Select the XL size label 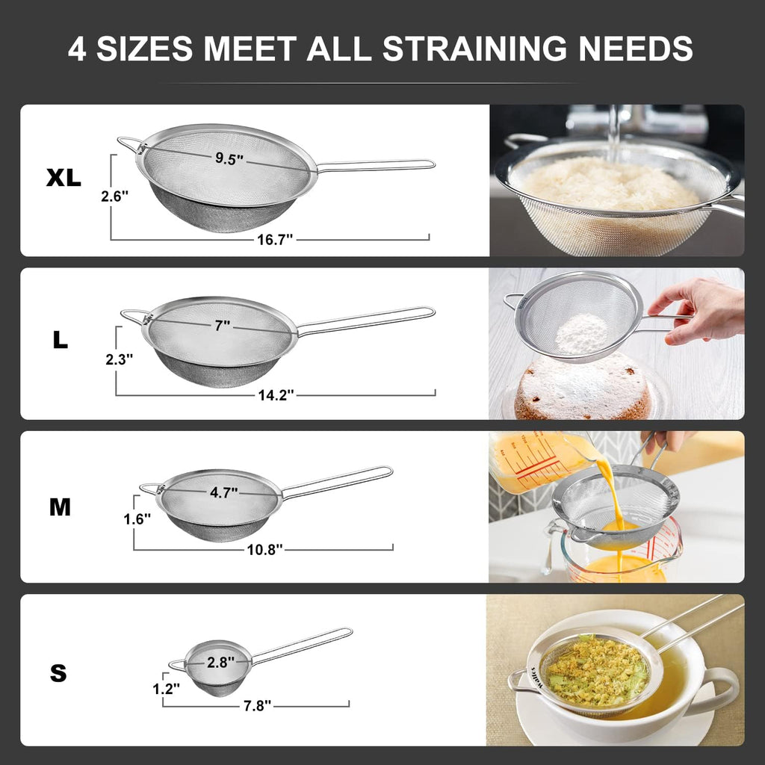[64, 178]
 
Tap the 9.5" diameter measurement [229, 158]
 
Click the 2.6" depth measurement [115, 196]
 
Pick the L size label [61, 341]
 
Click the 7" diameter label [222, 325]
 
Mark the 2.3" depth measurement [120, 359]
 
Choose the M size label [60, 507]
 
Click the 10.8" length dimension [265, 549]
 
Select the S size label [58, 674]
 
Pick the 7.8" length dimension [256, 704]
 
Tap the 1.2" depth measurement [166, 689]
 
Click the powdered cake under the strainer [583, 388]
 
